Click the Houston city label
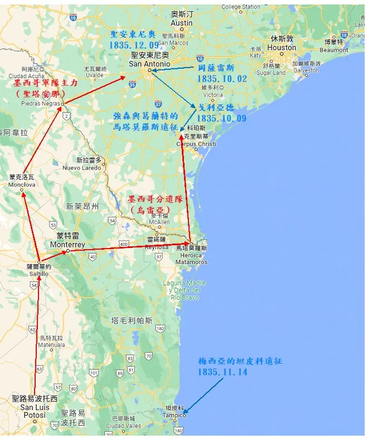tap(282, 47)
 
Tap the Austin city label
tap(181, 23)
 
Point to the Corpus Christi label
tap(196, 144)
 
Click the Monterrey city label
tap(67, 245)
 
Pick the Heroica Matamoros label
tap(191, 259)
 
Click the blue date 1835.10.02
tap(221, 79)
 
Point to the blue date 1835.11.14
tap(222, 371)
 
